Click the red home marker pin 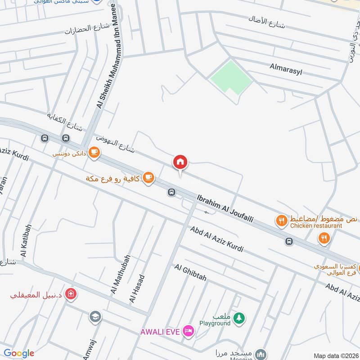180,162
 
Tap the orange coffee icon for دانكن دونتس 94,152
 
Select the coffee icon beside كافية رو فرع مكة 148,178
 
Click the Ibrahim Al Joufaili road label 225,208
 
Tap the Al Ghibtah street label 190,273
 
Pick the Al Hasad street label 137,288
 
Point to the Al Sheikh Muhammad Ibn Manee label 106,57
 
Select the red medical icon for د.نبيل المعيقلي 70,295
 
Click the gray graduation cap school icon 95,317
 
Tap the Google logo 19,353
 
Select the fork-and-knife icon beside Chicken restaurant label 282,220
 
